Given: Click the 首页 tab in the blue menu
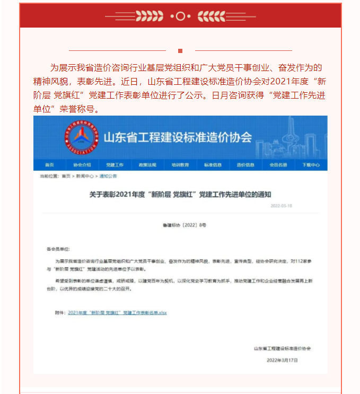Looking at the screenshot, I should click(x=49, y=165).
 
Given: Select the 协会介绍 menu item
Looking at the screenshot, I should click(x=82, y=165).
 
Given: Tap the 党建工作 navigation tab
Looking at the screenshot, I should click(x=115, y=165).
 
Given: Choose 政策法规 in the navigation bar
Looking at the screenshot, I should click(x=147, y=165).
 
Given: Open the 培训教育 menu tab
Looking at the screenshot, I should click(x=180, y=165).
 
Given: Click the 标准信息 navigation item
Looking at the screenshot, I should click(x=213, y=165).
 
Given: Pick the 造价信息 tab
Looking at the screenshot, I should click(x=245, y=165).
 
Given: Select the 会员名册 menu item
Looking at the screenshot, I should click(x=278, y=165).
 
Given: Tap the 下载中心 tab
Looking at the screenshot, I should click(x=311, y=165).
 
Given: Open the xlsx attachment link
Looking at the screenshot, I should click(x=117, y=313).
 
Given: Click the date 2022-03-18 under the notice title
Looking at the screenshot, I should click(x=281, y=206).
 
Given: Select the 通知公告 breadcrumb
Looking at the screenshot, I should click(x=108, y=176).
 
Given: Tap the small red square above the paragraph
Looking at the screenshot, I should click(x=180, y=51).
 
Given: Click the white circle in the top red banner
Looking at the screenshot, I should click(x=180, y=16).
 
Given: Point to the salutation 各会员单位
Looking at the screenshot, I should click(x=58, y=249).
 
